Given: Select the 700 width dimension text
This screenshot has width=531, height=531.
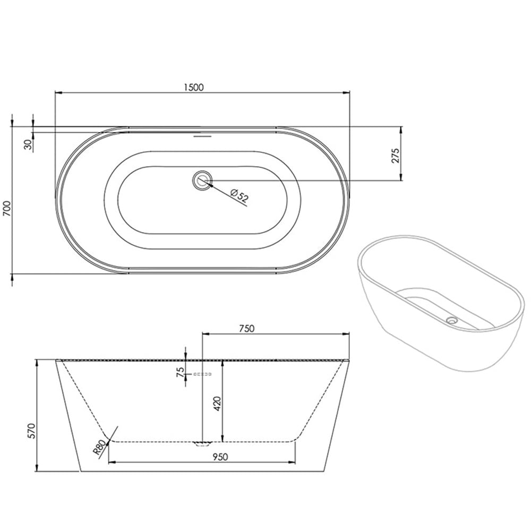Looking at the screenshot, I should [x=7, y=208].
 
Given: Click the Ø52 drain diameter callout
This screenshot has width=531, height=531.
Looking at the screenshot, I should [x=239, y=196].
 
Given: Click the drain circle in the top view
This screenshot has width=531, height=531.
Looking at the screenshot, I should [x=202, y=180].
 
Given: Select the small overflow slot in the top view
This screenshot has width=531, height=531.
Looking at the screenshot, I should [x=202, y=135].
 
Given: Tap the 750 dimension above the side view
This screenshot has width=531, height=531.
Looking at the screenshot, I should [x=247, y=328].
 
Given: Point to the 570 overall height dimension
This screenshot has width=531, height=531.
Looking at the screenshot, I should [x=31, y=430].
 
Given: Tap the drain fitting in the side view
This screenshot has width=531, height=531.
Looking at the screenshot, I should [x=202, y=443].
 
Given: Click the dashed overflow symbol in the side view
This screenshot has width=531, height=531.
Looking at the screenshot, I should [x=202, y=375].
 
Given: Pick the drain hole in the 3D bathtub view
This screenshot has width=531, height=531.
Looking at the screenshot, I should [x=452, y=320].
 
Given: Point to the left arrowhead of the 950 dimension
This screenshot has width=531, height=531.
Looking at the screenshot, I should [x=112, y=463].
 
